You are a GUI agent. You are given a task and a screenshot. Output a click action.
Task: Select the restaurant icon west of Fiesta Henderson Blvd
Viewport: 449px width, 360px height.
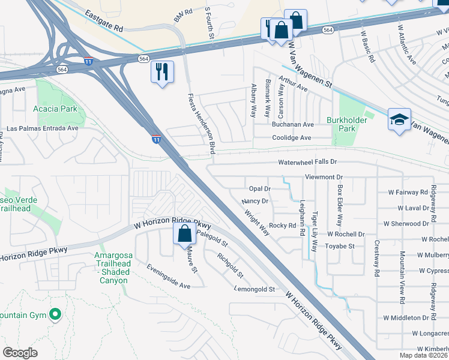tap(162, 72)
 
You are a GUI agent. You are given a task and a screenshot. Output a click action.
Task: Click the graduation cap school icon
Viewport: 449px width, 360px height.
tap(399, 119)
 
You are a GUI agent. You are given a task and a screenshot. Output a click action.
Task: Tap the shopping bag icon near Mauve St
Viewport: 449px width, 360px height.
tap(184, 233)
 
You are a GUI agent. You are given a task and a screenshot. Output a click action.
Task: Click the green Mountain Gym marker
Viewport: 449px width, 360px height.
tap(55, 314)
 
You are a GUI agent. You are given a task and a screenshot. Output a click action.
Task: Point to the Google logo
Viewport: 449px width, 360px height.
tap(20, 353)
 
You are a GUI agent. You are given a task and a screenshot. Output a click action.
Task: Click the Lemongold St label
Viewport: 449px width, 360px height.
tap(255, 289)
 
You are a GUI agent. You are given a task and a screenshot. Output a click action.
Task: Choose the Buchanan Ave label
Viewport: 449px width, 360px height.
tap(292, 125)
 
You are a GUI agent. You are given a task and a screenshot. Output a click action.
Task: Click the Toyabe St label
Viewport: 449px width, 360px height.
tap(340, 246)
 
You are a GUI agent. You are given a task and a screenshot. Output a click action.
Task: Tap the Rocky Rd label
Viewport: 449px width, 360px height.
tap(283, 226)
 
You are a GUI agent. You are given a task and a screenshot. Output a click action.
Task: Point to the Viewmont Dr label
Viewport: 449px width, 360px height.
tap(324, 178)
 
